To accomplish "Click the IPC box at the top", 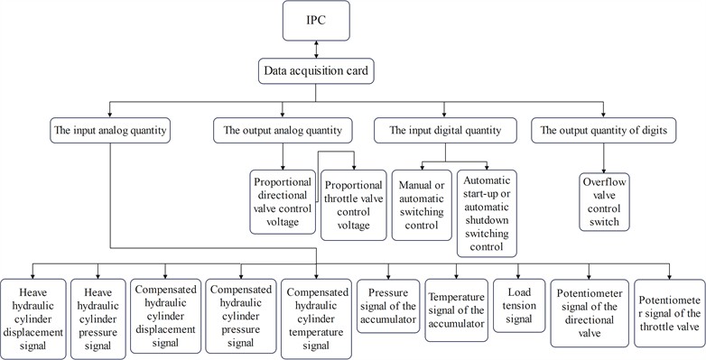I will pos(316,20).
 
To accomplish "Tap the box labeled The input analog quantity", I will pos(110,131).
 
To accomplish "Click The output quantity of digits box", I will pos(601,131).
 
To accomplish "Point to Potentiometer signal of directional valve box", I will pos(590,312).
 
